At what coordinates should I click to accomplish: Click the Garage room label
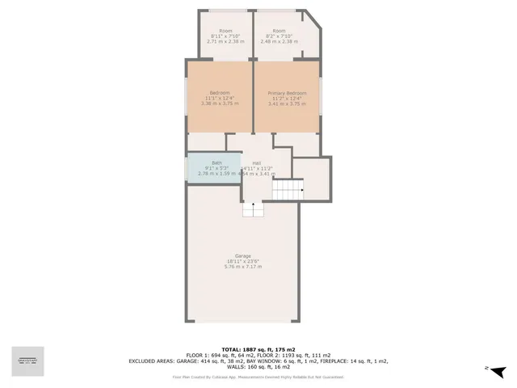[x=243, y=255]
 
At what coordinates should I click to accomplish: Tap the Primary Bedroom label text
[x=287, y=93]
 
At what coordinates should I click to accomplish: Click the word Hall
[x=257, y=162]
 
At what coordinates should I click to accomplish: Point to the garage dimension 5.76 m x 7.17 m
[x=243, y=267]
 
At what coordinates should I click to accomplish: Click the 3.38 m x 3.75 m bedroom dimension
[x=220, y=103]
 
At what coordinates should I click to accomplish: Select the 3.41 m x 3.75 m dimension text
[x=287, y=103]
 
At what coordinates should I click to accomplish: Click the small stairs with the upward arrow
[x=254, y=209]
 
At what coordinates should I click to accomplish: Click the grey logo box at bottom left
[x=27, y=361]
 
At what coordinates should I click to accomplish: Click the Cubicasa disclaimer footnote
[x=258, y=377]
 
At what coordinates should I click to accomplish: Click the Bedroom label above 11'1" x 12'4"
[x=220, y=93]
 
